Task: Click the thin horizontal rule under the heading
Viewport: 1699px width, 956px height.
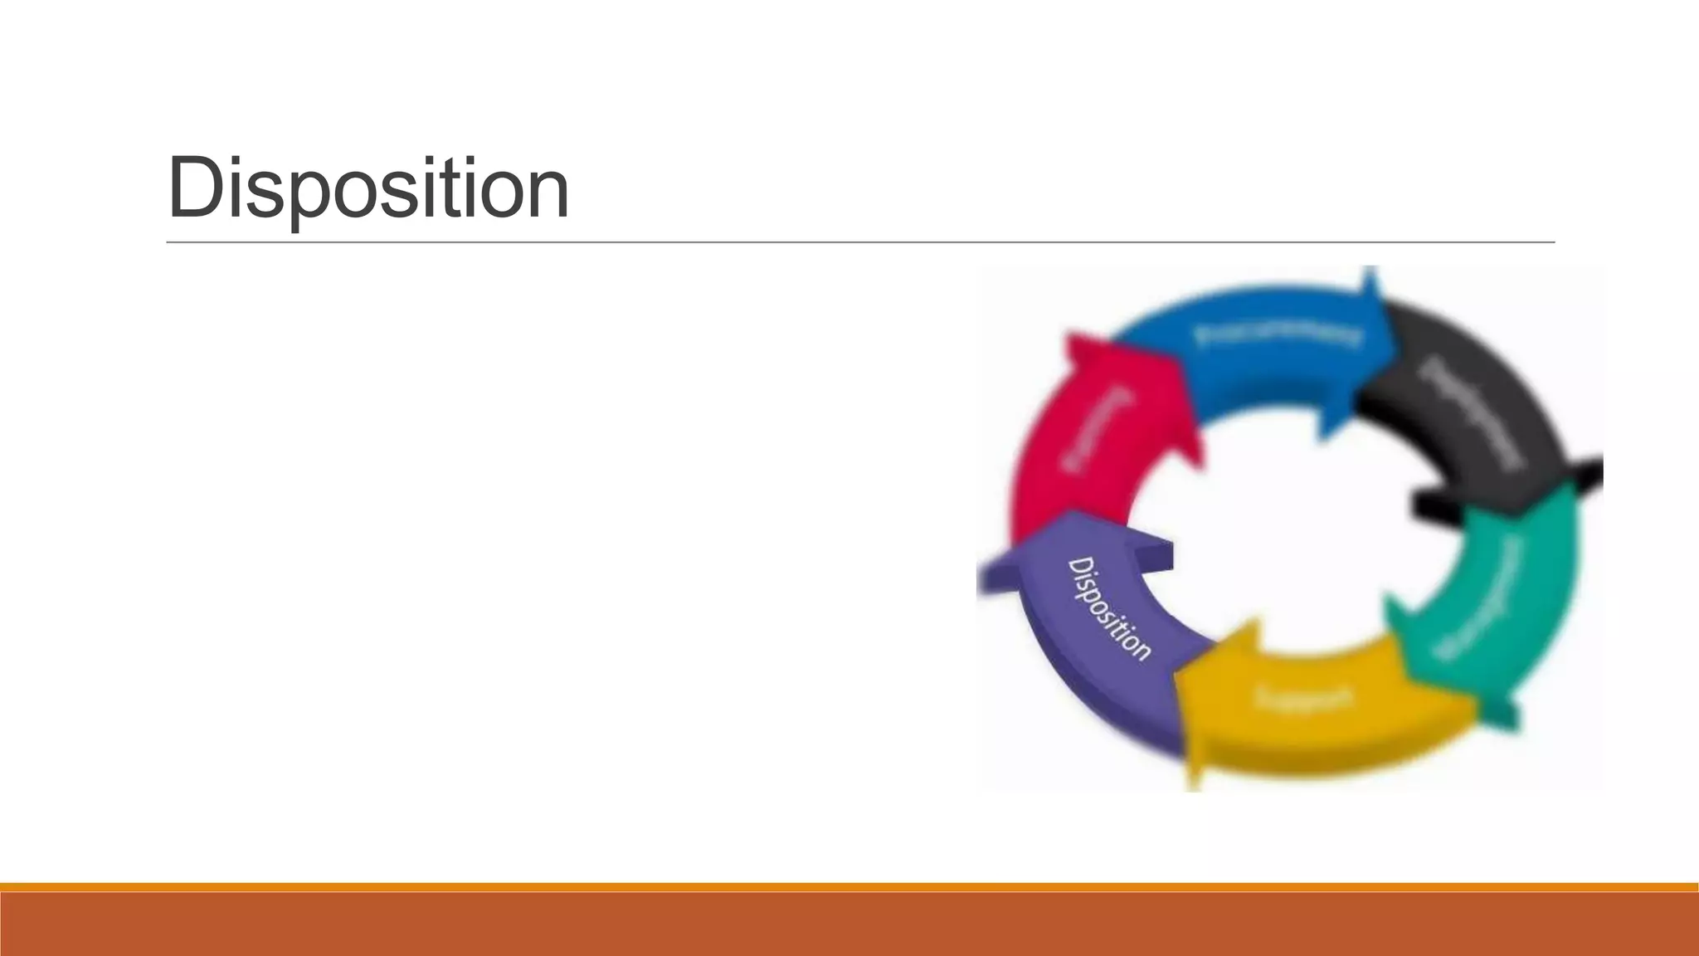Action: [860, 242]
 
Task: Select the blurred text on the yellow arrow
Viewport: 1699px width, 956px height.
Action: [1304, 697]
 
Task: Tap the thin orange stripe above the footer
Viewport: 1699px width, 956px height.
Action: [849, 887]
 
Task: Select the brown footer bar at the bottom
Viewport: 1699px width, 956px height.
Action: [849, 924]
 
